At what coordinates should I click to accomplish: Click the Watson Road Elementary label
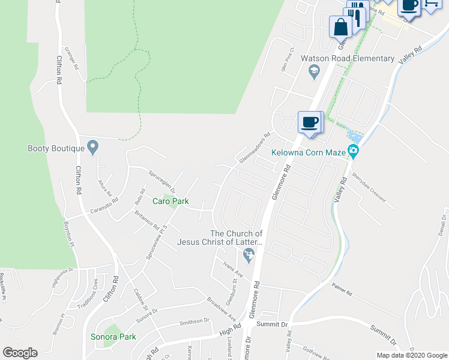(x=348, y=59)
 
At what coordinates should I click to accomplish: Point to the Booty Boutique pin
(x=92, y=146)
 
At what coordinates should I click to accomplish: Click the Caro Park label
(x=170, y=202)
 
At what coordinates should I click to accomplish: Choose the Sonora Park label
(x=113, y=337)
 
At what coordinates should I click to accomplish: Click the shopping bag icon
(x=340, y=27)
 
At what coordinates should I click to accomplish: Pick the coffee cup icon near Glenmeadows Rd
(x=310, y=122)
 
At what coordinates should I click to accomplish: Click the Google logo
(x=20, y=353)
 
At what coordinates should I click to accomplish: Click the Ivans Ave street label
(x=232, y=271)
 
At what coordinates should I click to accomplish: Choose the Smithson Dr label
(x=194, y=322)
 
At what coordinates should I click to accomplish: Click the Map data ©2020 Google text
(x=411, y=355)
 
